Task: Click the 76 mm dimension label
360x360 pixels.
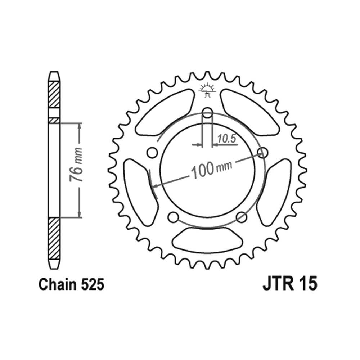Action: coord(76,165)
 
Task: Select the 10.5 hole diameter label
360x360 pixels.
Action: coord(227,139)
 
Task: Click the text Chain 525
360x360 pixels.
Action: coord(71,284)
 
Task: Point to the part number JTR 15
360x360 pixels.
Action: coord(290,284)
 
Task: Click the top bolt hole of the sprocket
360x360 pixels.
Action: coord(208,113)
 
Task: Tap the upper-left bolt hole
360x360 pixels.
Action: coord(152,153)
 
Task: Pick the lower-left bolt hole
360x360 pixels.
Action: coord(173,217)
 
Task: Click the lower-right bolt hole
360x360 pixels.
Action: coord(242,217)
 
